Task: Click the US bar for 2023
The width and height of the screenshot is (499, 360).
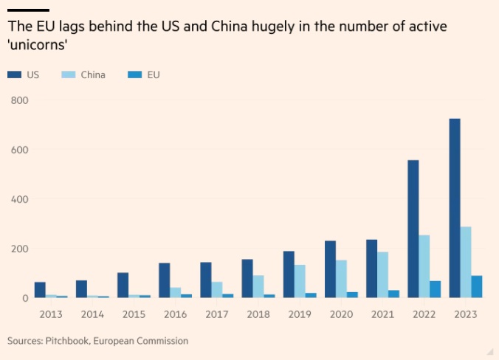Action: [x=455, y=208]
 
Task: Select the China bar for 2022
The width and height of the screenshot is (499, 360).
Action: [x=424, y=266]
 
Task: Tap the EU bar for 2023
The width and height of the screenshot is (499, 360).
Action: [x=476, y=287]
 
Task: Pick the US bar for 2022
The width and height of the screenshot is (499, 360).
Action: [x=413, y=229]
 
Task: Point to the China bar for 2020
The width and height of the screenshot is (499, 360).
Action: [x=341, y=279]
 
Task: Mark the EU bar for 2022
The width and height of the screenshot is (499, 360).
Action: [x=435, y=289]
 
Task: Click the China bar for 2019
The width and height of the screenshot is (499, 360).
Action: [x=300, y=281]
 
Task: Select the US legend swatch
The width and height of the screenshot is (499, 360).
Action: [x=13, y=75]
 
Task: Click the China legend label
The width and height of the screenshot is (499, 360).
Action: [x=92, y=75]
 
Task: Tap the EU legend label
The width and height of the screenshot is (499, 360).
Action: [x=153, y=75]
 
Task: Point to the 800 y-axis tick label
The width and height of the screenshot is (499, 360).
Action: [x=19, y=100]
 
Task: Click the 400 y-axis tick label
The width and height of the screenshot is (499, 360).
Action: [x=19, y=199]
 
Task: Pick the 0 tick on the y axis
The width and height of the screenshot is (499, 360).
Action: [x=24, y=298]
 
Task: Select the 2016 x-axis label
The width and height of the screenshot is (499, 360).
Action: [x=175, y=314]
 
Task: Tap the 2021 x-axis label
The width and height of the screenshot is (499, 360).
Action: [x=382, y=314]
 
